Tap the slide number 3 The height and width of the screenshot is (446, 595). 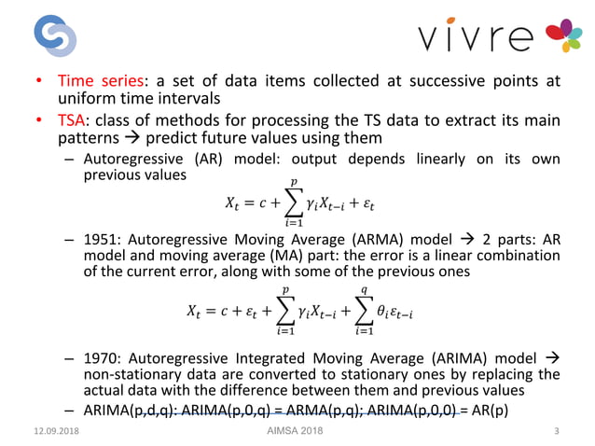click(556, 430)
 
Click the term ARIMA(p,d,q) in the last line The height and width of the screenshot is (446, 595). click(129, 411)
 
